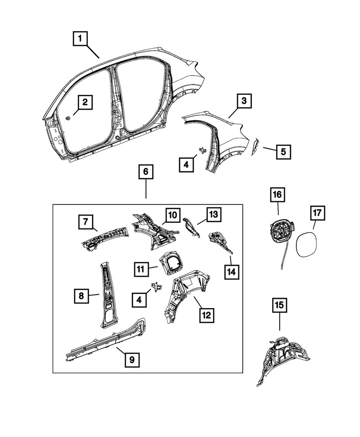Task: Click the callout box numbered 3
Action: (244, 101)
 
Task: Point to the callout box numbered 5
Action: (283, 152)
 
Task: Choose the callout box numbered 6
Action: (146, 172)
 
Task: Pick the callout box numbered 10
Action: (172, 215)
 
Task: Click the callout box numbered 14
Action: (231, 271)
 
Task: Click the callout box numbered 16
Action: (277, 194)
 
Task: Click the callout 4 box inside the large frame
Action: (139, 299)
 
